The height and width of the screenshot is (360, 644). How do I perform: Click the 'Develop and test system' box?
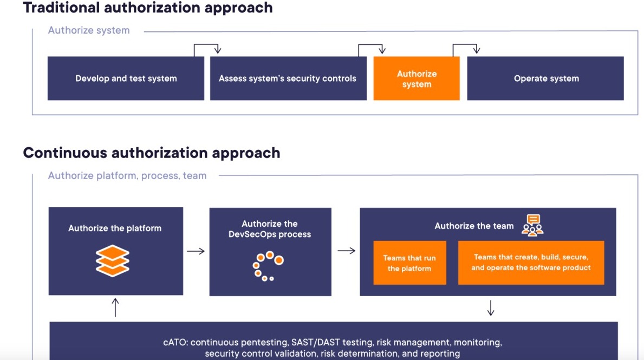[126, 78]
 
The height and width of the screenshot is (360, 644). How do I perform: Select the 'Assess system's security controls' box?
[288, 78]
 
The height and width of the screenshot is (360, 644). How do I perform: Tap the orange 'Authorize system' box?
[417, 78]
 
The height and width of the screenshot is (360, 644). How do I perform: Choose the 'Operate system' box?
[545, 78]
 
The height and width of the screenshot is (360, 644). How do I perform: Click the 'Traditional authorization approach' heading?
[148, 8]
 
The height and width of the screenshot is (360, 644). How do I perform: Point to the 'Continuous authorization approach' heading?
[152, 153]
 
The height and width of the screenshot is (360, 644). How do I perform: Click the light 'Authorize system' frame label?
[89, 30]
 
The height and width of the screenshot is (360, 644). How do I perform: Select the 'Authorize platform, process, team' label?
[127, 176]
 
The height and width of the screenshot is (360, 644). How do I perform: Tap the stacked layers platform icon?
[113, 260]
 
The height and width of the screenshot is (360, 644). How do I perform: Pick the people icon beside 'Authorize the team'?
[533, 225]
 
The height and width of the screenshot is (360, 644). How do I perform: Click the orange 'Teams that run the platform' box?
[409, 263]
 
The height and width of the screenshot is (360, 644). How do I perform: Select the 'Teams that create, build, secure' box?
[531, 263]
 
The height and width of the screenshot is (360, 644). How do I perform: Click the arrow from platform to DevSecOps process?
[196, 251]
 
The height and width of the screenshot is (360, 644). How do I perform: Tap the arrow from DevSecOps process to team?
[347, 251]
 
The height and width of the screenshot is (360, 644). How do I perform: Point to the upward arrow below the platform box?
[115, 307]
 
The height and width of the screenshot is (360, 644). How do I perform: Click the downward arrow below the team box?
[490, 307]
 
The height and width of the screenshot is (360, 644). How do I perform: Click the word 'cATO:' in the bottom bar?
[176, 342]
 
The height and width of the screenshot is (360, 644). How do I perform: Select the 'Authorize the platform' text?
[115, 228]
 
